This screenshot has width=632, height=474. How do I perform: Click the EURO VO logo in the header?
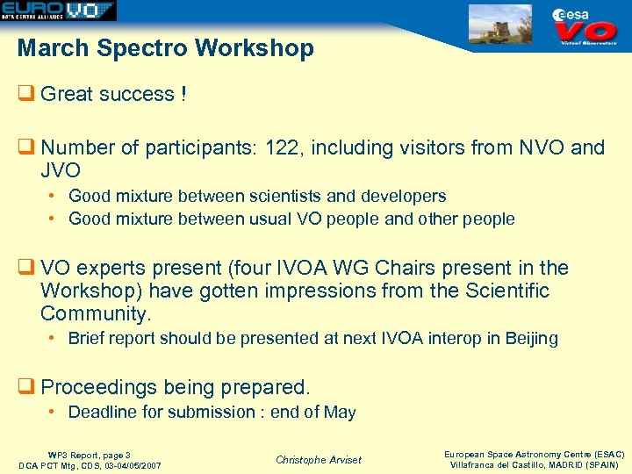point(58,11)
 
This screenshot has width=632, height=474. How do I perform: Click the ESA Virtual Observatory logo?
point(587,25)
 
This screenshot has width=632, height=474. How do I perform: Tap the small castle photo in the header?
point(500,24)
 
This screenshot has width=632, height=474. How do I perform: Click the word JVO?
point(61,169)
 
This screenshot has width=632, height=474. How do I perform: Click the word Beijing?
point(531,338)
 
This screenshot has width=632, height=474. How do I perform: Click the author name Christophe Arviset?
point(318,459)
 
